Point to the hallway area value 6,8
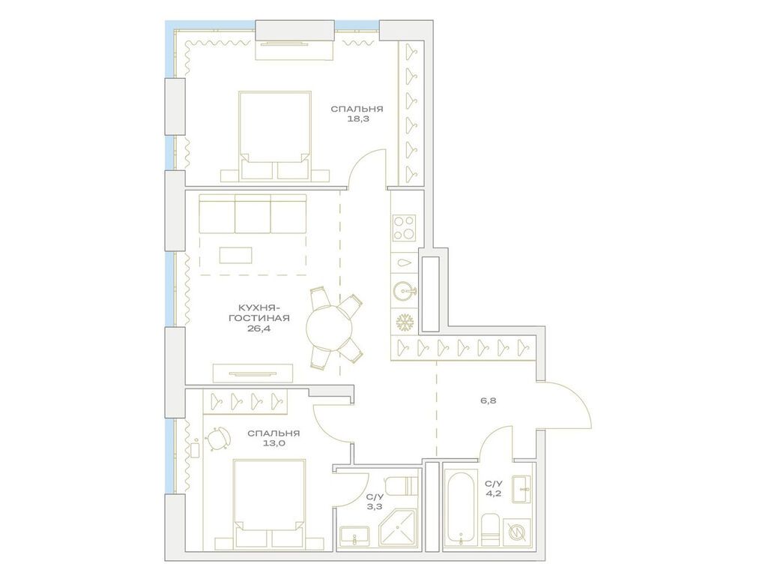click(489, 400)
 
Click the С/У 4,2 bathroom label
click(493, 489)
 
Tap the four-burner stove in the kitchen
click(405, 226)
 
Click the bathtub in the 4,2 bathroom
click(459, 511)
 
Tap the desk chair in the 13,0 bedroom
click(217, 439)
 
